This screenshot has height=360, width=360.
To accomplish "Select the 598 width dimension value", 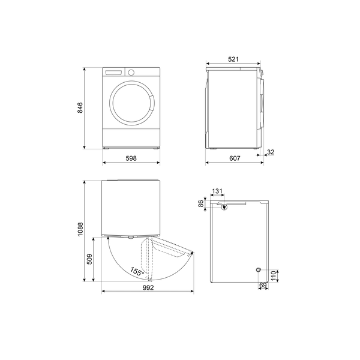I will [131, 158].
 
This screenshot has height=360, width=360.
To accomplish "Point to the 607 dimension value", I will [235, 158].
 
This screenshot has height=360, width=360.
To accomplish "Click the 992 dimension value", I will [148, 288].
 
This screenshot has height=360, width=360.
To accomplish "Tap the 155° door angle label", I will [137, 272].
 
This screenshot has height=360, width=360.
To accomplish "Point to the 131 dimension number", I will [217, 192].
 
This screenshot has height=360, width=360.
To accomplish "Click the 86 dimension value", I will [201, 204].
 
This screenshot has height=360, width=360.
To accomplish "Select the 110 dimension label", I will [273, 276].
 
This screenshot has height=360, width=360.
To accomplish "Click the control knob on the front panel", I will [131, 73].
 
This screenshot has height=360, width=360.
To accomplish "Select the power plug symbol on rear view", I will [224, 208].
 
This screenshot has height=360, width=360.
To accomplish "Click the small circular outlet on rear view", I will [257, 270].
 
